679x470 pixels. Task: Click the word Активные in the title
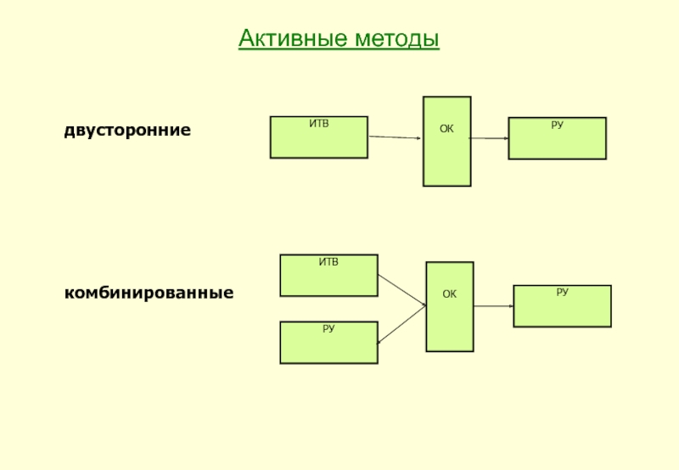pos(293,38)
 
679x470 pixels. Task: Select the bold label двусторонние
pos(127,131)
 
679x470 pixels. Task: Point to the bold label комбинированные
pos(149,293)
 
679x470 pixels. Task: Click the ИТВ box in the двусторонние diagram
pos(319,137)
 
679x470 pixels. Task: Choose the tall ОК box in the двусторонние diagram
pos(447,142)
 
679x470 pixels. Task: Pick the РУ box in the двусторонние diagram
pos(558,138)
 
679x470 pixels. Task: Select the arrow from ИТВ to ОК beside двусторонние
pos(395,137)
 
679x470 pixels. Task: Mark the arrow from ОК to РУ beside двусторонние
pos(490,138)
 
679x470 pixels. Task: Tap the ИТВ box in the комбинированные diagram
pos(329,275)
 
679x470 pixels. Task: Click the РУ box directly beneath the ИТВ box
pos(329,343)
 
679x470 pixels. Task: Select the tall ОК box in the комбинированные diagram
pos(450,306)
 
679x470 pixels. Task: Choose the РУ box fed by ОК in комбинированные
pos(563,306)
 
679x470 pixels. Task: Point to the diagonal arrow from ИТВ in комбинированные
pos(401,290)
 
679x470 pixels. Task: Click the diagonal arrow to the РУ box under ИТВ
pos(401,325)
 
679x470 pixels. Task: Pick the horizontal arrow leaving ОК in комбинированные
pos(494,306)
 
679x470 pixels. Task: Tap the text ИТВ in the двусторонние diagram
pos(319,124)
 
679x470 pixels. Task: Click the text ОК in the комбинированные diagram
pos(450,294)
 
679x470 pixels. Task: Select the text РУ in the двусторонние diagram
pos(558,125)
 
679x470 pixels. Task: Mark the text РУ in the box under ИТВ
pos(328,329)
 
